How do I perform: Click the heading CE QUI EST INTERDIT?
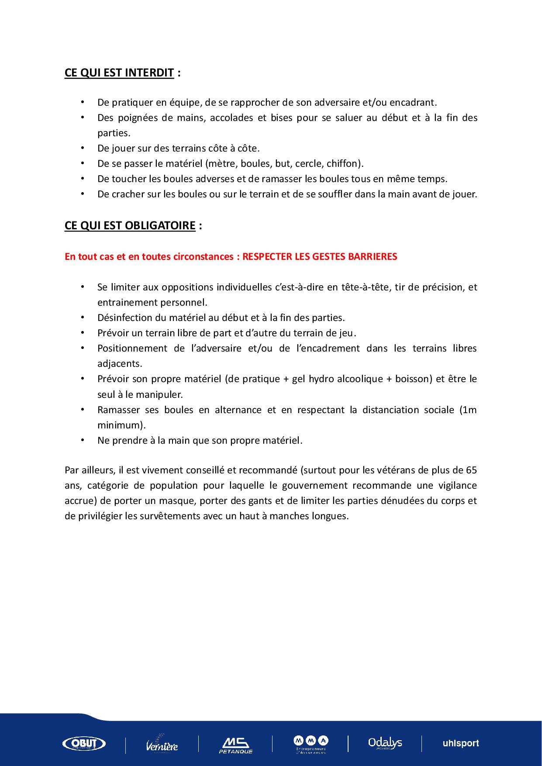[x=119, y=72]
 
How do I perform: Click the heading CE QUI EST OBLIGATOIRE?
[x=130, y=225]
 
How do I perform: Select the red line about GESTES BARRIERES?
[x=231, y=256]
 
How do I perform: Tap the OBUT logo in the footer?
[x=84, y=743]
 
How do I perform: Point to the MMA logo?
[x=311, y=743]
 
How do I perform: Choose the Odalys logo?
[x=385, y=742]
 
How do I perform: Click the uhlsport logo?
[x=461, y=743]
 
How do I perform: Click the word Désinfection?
[x=123, y=317]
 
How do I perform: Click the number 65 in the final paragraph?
[x=471, y=470]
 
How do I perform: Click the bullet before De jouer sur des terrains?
[x=82, y=148]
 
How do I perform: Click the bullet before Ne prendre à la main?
[x=82, y=440]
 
